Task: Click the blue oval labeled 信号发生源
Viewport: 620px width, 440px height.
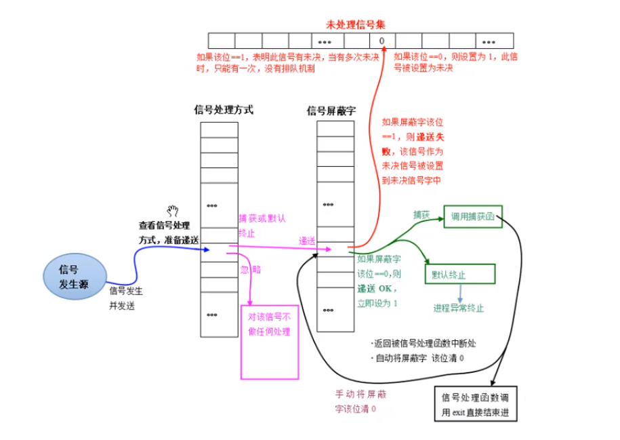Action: click(74, 277)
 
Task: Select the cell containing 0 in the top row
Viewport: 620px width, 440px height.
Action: click(381, 41)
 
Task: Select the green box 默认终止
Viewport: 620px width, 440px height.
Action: click(459, 275)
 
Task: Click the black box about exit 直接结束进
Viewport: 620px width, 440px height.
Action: click(474, 404)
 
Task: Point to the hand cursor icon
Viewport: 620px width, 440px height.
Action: click(173, 211)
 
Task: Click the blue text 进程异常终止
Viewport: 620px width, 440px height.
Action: click(459, 308)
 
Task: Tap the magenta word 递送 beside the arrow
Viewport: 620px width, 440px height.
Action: click(308, 241)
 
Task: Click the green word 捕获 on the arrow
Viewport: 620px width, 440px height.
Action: click(421, 214)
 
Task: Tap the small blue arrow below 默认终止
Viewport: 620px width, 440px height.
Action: click(459, 293)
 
